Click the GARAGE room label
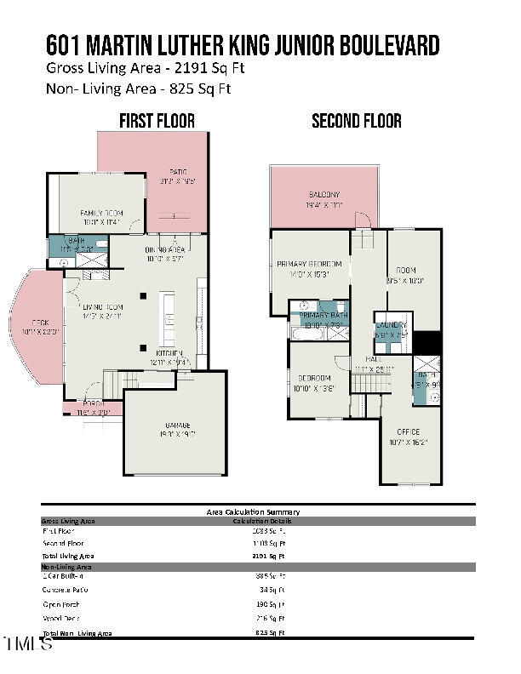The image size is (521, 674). (177, 426)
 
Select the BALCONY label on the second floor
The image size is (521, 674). (323, 195)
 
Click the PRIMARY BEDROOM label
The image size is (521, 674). (310, 264)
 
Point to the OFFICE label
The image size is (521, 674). (408, 432)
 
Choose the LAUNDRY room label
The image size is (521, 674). (392, 325)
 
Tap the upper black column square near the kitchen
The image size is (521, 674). (143, 296)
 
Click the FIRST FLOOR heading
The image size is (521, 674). (157, 121)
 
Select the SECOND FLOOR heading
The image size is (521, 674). (356, 121)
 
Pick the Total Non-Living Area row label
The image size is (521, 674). (77, 633)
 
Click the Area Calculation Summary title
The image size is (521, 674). (253, 511)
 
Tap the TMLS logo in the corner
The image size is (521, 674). (27, 643)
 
